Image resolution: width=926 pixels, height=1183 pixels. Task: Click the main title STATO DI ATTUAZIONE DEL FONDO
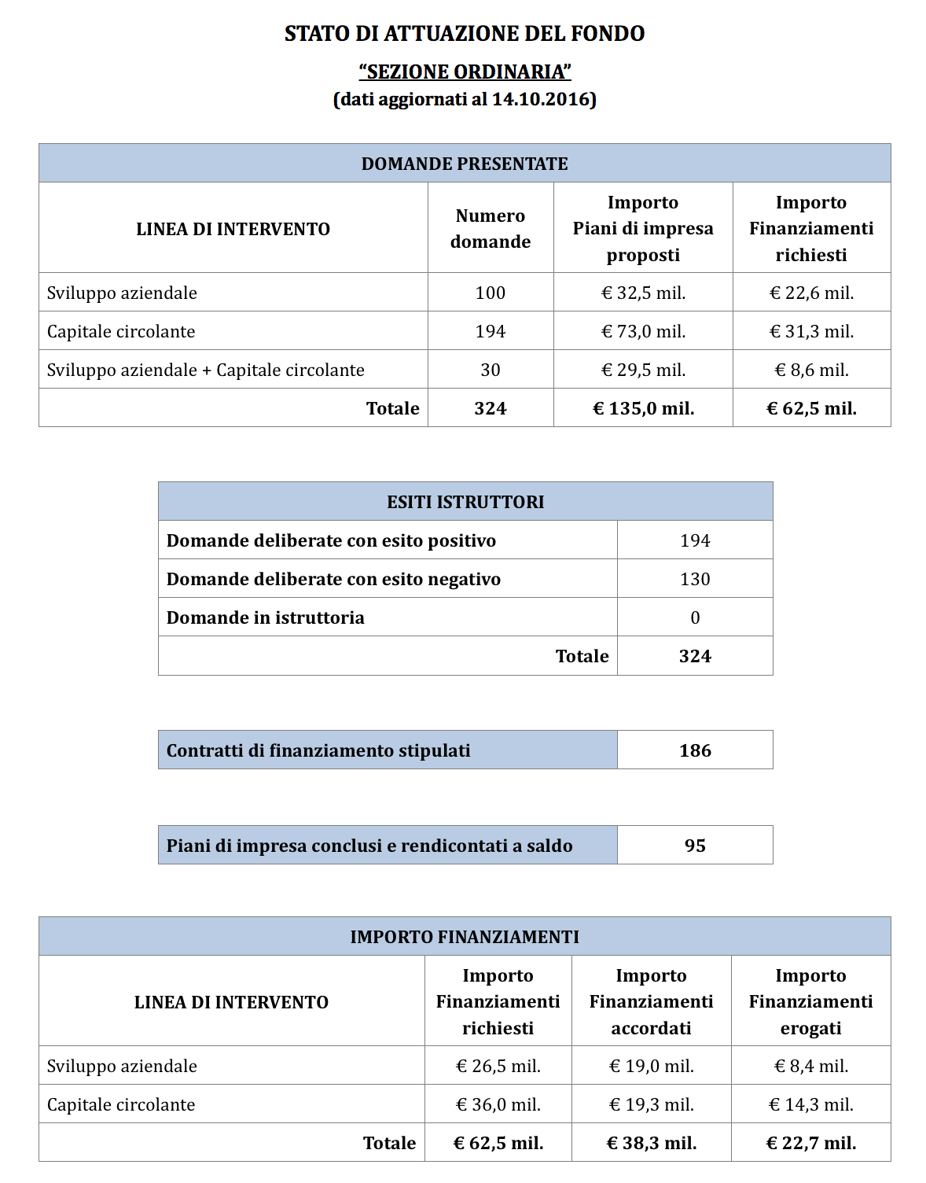(464, 34)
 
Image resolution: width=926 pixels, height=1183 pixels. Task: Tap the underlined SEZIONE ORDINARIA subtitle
(465, 72)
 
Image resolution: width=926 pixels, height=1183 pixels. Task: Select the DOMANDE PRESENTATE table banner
(464, 164)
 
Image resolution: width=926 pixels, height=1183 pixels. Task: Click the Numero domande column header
(490, 229)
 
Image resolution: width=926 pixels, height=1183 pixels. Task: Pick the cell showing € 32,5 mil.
(643, 293)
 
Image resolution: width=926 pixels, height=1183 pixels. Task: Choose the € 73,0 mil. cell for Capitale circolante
(643, 331)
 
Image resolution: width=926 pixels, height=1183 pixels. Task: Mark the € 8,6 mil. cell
(811, 370)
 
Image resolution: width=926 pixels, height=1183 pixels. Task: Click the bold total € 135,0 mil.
(643, 408)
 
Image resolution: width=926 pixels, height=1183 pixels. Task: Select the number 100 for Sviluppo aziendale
(490, 293)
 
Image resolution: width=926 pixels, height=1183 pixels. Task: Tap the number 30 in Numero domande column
(490, 370)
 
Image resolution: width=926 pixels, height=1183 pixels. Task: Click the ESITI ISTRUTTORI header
(465, 502)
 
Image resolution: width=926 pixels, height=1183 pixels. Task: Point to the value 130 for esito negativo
(695, 579)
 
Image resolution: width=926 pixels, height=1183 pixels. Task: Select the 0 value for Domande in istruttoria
(695, 617)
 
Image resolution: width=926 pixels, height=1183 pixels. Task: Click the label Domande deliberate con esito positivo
(331, 540)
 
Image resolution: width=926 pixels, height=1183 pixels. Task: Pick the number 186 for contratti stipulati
(695, 750)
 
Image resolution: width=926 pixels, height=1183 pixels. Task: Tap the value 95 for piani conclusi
(695, 846)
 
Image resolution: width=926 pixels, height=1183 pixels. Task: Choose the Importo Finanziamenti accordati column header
(651, 1001)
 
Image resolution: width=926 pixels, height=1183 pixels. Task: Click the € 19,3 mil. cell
(651, 1104)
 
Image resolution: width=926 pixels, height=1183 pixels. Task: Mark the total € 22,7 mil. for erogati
(810, 1143)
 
